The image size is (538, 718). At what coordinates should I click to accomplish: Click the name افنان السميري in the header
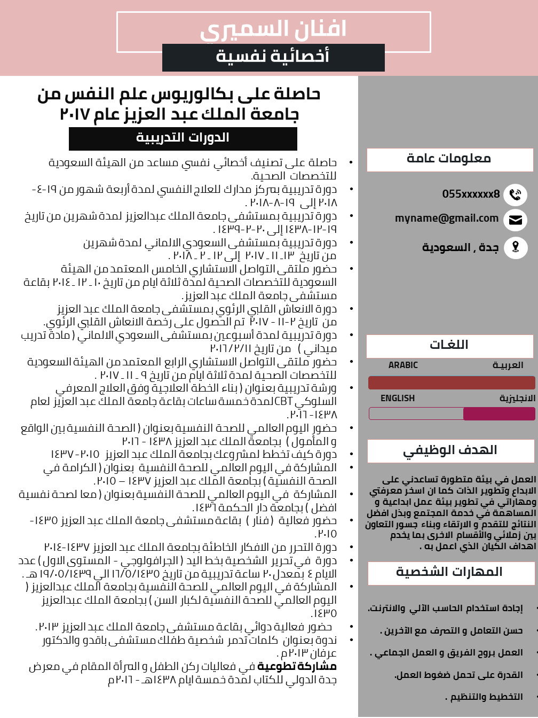pos(273,30)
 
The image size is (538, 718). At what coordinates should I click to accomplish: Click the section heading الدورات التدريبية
pos(183,138)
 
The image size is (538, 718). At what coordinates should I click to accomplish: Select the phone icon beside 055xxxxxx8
pos(515,194)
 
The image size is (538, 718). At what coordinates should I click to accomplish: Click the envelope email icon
pos(515,220)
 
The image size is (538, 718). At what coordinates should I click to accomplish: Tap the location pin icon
pos(515,247)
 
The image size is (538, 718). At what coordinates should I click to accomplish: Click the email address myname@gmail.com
pos(447,218)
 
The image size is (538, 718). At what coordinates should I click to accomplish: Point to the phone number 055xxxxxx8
pos(471,194)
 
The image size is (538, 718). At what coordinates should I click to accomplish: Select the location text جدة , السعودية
pos(460,247)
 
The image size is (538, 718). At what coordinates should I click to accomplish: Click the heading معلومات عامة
pos(449,159)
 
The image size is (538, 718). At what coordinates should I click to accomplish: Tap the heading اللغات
pos(449,345)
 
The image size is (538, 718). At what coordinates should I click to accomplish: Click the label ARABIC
pos(403,365)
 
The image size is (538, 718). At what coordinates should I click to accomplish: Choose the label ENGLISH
pos(397,399)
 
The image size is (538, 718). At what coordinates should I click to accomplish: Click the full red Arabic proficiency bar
pos(451,383)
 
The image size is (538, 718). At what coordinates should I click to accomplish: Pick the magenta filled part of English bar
pos(499,413)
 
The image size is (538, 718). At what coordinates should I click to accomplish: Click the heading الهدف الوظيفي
pos(450,450)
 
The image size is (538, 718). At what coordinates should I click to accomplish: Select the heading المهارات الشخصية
pos(449,572)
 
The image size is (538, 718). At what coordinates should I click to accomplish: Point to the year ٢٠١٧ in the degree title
pos(75,115)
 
